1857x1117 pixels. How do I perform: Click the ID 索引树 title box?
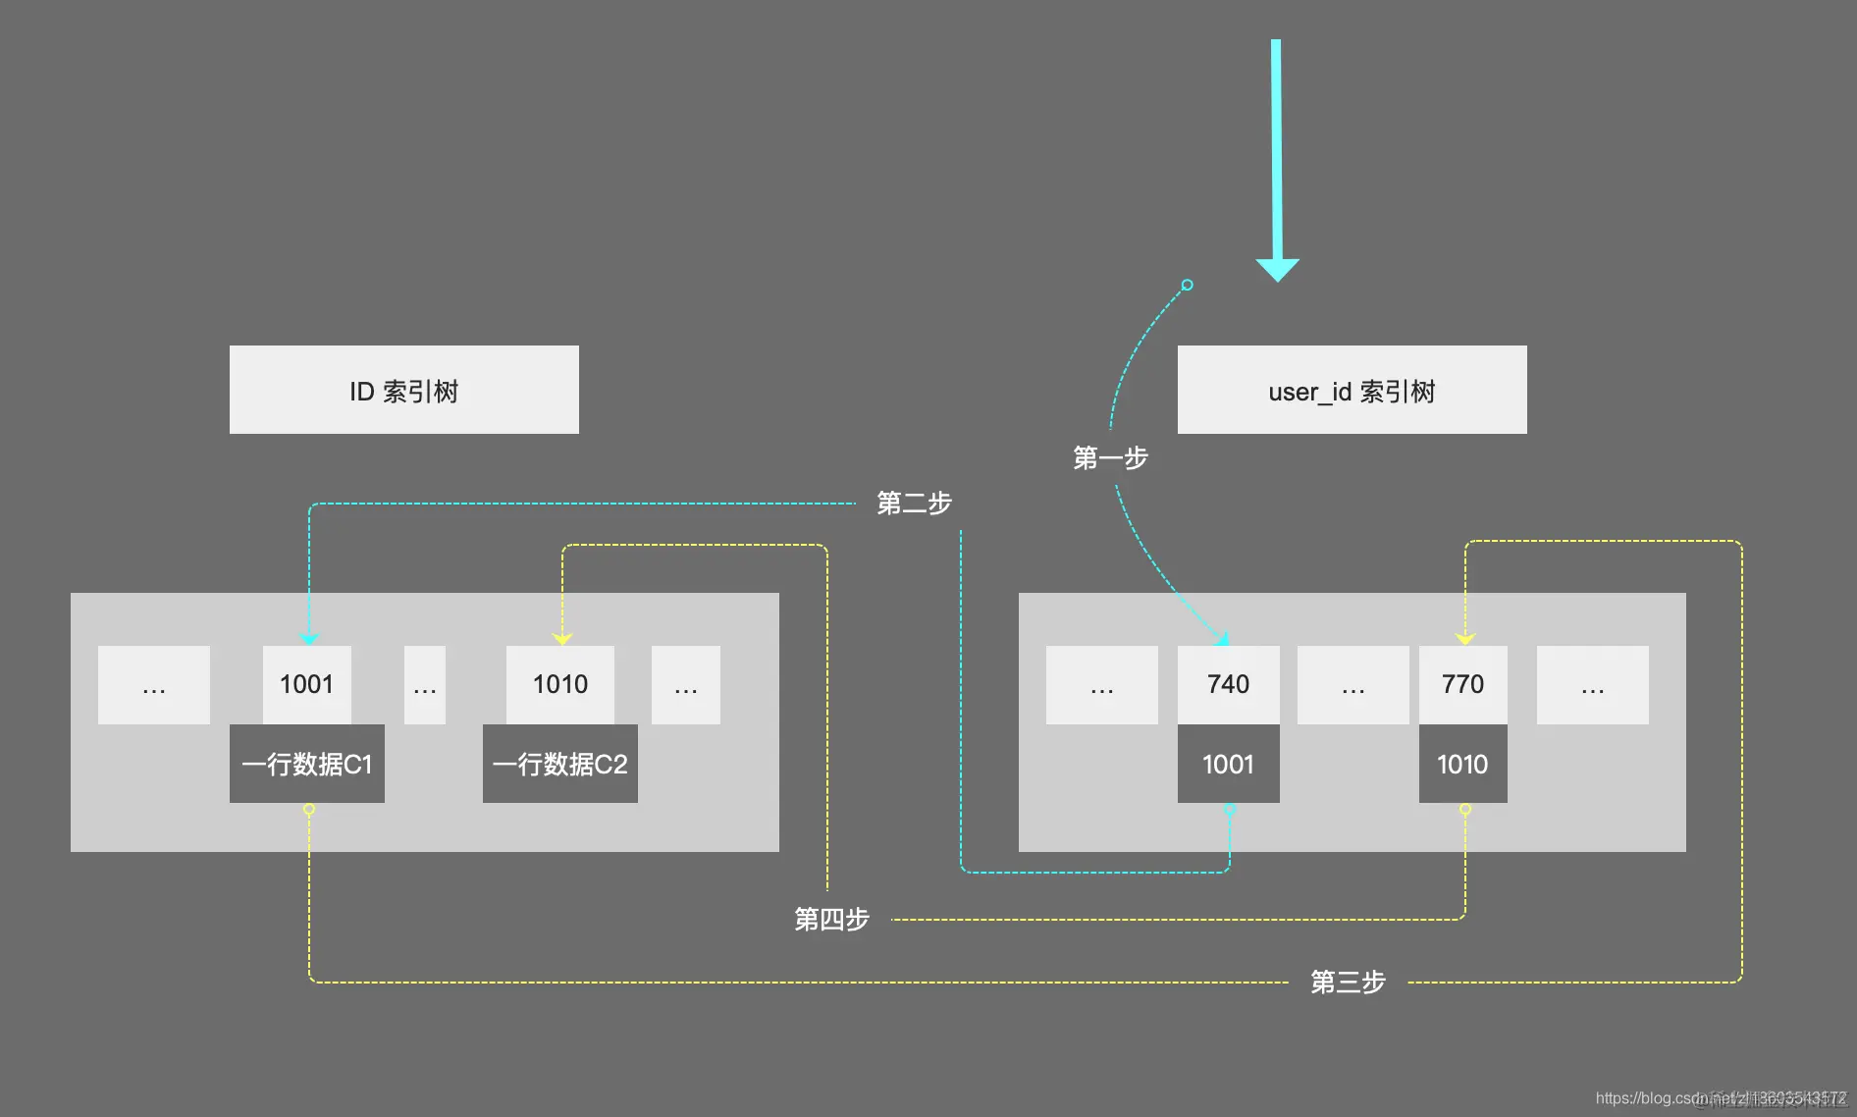coord(403,390)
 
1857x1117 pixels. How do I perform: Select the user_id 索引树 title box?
coord(1352,390)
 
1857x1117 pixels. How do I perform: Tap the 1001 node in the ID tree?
coord(306,684)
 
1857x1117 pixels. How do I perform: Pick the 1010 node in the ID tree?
coord(559,684)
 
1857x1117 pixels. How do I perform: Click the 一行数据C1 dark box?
coord(306,764)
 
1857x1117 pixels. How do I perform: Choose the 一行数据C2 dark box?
coord(559,764)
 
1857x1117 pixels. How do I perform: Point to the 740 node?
coord(1228,684)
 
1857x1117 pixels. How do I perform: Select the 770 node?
coord(1462,684)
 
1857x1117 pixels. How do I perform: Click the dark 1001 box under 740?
coord(1228,764)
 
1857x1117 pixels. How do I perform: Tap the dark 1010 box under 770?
coord(1462,764)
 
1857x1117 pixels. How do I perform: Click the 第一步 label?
coord(1110,457)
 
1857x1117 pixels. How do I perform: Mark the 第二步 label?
coord(914,504)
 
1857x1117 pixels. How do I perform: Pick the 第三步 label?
coord(1348,982)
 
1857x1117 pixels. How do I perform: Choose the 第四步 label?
coord(831,919)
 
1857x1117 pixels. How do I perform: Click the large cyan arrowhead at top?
coord(1277,269)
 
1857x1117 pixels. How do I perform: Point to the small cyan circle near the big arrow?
coord(1187,285)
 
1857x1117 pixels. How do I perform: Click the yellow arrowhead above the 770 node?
coord(1465,639)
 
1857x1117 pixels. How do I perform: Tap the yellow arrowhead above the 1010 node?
coord(562,639)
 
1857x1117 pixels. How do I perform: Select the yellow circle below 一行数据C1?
coord(309,810)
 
